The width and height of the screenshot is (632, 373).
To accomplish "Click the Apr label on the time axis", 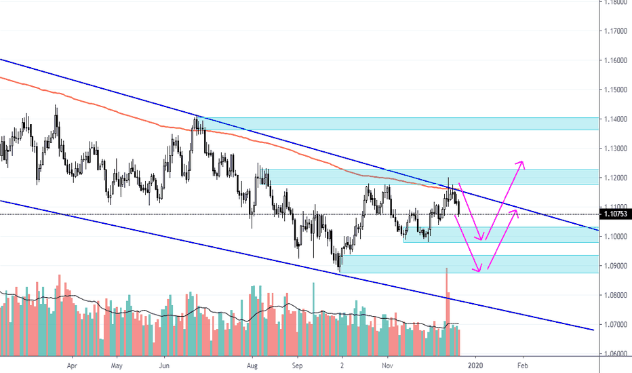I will pyautogui.click(x=72, y=364).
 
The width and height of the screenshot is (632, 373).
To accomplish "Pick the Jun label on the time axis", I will pyautogui.click(x=163, y=364).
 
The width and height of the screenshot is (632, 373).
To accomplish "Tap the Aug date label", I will pyautogui.click(x=252, y=364).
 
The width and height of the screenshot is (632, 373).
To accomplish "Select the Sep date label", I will pyautogui.click(x=296, y=364).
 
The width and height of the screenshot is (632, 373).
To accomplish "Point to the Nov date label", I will pyautogui.click(x=387, y=364).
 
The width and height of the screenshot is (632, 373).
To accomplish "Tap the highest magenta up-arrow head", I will pyautogui.click(x=521, y=163).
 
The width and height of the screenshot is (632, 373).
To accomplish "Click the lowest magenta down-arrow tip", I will pyautogui.click(x=479, y=271).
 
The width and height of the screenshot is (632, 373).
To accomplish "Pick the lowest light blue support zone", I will pyautogui.click(x=468, y=264).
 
